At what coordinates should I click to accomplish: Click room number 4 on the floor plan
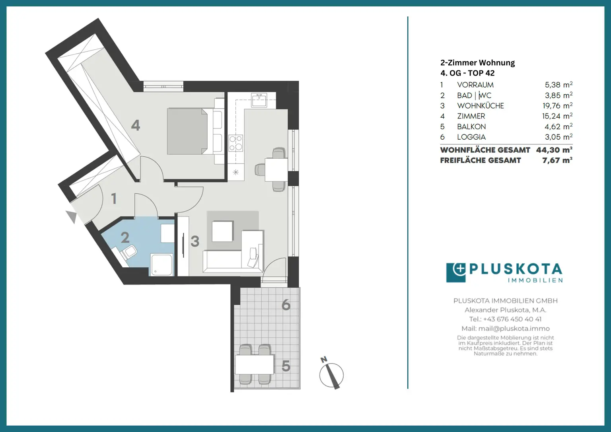click(136, 125)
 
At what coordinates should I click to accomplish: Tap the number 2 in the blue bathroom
click(125, 237)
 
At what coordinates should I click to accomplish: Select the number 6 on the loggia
click(286, 305)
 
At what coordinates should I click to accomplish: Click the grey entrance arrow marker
click(72, 217)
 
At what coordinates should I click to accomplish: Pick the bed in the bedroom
click(187, 131)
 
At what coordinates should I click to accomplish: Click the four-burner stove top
click(235, 143)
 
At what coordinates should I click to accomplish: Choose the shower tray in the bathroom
click(162, 265)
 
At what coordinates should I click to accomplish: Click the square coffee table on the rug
click(222, 231)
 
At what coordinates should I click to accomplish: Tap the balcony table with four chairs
click(255, 364)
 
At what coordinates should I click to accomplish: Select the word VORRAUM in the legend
click(475, 85)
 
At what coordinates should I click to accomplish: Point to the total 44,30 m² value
click(554, 150)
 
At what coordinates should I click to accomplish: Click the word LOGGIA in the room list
click(471, 137)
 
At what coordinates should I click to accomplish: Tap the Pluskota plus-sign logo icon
click(456, 272)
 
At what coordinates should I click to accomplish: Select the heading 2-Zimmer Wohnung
click(477, 62)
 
